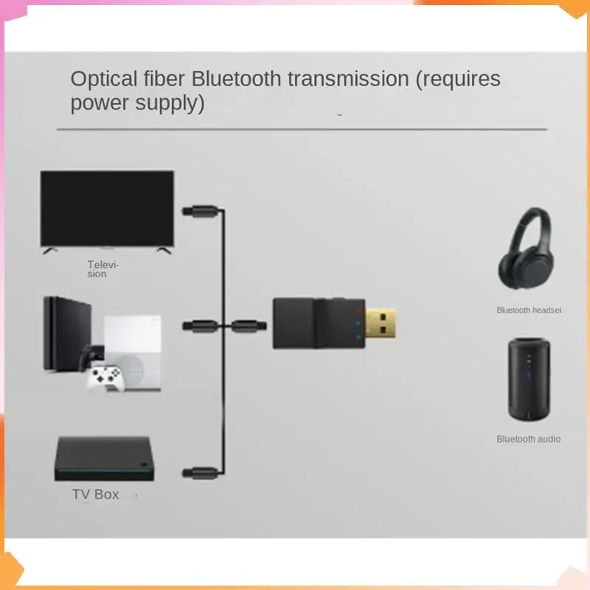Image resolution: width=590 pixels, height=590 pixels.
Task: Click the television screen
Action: [107, 208]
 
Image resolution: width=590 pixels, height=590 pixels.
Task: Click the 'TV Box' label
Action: [95, 494]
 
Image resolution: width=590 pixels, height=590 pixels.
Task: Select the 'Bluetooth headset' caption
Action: [529, 310]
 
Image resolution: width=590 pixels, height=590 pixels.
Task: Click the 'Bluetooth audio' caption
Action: [528, 439]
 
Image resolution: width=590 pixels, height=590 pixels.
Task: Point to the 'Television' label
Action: [103, 269]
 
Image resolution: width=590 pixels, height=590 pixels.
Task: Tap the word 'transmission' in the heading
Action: [350, 79]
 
